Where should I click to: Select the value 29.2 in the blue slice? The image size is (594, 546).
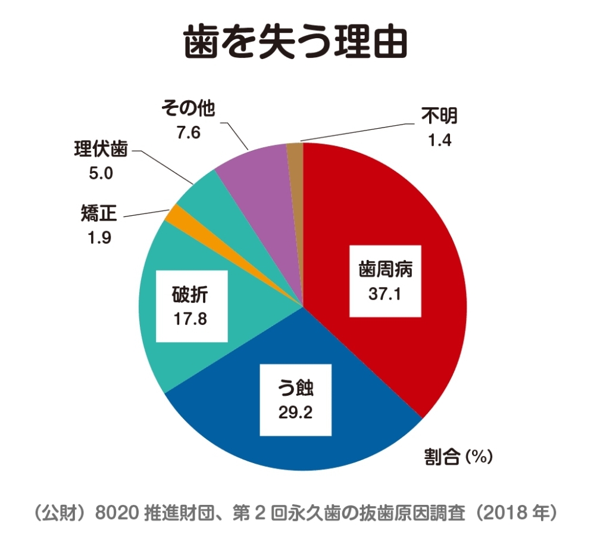click(296, 412)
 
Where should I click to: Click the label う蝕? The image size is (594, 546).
click(296, 389)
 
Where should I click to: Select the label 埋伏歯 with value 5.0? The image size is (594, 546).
click(101, 151)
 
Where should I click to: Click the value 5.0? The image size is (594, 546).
click(101, 173)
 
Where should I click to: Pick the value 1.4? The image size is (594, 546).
click(440, 141)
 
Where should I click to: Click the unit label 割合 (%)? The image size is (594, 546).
click(458, 457)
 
